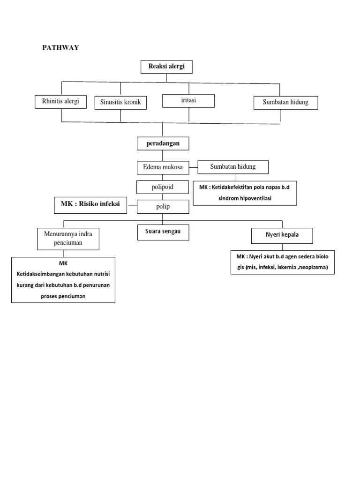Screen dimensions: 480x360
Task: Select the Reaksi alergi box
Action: point(166,67)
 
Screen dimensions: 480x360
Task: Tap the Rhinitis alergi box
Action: point(60,101)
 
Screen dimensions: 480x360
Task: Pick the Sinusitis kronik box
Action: point(120,102)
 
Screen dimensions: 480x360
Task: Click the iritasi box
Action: point(188,100)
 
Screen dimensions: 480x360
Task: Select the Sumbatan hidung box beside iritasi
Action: point(285,102)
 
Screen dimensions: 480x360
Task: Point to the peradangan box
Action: point(163,143)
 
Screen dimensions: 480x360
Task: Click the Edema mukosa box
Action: point(163,167)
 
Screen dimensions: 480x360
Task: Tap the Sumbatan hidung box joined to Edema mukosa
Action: point(233,167)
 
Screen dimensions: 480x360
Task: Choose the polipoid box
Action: point(163,187)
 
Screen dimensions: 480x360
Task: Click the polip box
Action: point(163,207)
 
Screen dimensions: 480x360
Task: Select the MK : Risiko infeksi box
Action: point(90,205)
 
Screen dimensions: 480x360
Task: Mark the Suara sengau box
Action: point(163,232)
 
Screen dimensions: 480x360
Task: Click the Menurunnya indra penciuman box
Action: point(68,238)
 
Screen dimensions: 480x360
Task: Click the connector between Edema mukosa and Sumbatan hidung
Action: point(193,167)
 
